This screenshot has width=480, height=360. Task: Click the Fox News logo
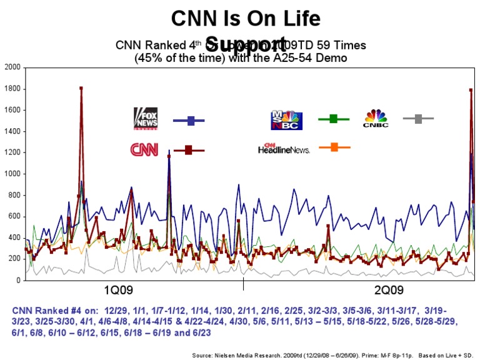146,118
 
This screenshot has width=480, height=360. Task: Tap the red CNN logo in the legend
144,149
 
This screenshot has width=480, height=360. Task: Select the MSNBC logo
286,120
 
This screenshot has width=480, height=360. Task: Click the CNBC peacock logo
376,119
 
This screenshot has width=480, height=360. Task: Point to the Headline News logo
284,148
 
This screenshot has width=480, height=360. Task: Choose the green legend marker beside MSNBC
333,118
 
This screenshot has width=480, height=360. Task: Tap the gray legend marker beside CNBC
418,118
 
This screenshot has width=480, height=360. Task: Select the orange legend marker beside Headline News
334,147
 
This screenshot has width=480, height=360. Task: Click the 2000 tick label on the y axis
12,67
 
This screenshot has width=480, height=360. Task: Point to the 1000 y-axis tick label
12,174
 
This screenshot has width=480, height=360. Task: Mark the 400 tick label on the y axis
14,238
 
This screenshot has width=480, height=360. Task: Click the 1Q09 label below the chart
117,290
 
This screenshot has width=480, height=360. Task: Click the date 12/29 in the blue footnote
117,310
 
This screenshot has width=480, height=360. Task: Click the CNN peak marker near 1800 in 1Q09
81,88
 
